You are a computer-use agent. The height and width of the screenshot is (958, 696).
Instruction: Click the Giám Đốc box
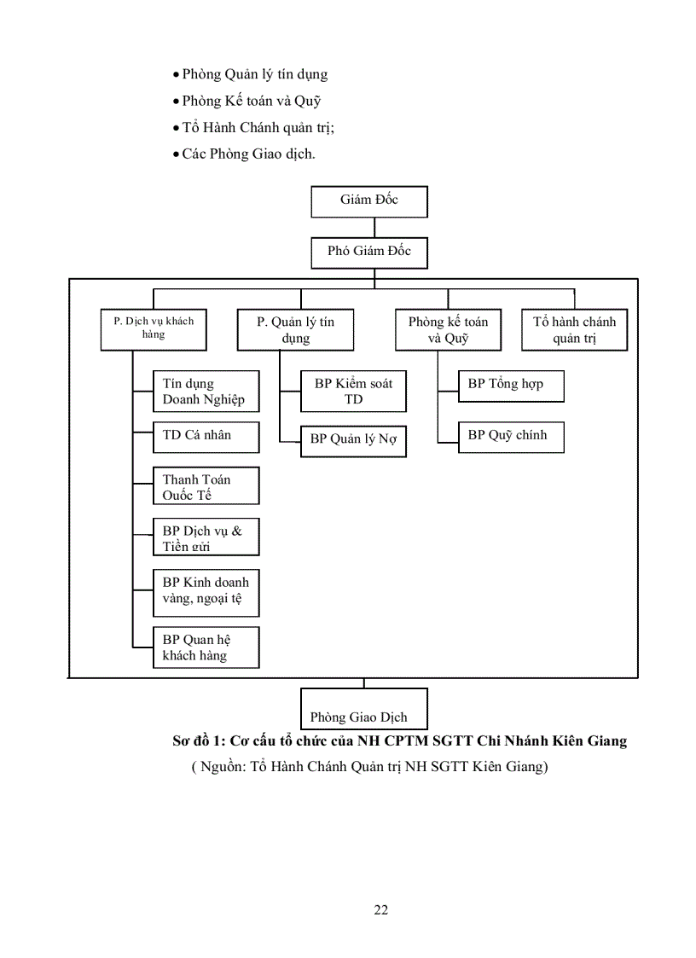[368, 200]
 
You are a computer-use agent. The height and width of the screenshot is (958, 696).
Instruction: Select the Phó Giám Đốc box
[368, 252]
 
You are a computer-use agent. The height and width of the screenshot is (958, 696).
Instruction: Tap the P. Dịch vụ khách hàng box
[154, 328]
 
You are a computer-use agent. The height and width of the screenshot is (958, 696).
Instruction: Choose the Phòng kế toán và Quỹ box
[448, 329]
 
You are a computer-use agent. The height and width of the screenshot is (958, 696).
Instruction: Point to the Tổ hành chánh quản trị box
[574, 329]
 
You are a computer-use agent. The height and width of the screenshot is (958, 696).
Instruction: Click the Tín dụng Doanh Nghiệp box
[206, 392]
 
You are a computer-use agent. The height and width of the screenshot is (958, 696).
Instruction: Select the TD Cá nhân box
[206, 436]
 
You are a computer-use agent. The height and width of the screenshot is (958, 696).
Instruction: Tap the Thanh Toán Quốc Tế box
[206, 486]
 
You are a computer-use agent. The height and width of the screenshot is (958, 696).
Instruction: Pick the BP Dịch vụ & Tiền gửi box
[206, 537]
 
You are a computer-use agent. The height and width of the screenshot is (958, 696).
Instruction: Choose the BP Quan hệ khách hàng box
[206, 647]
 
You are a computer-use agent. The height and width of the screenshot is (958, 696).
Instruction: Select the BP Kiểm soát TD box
[353, 392]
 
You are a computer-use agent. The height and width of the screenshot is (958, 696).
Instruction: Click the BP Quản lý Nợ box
[353, 440]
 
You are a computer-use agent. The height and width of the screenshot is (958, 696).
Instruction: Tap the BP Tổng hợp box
[511, 385]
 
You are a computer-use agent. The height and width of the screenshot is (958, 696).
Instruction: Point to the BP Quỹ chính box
[511, 436]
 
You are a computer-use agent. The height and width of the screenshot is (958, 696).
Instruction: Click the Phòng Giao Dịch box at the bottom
[364, 709]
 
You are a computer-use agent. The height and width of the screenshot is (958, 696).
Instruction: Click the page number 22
[381, 909]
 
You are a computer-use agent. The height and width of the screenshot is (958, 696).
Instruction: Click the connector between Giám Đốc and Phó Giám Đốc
[374, 227]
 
